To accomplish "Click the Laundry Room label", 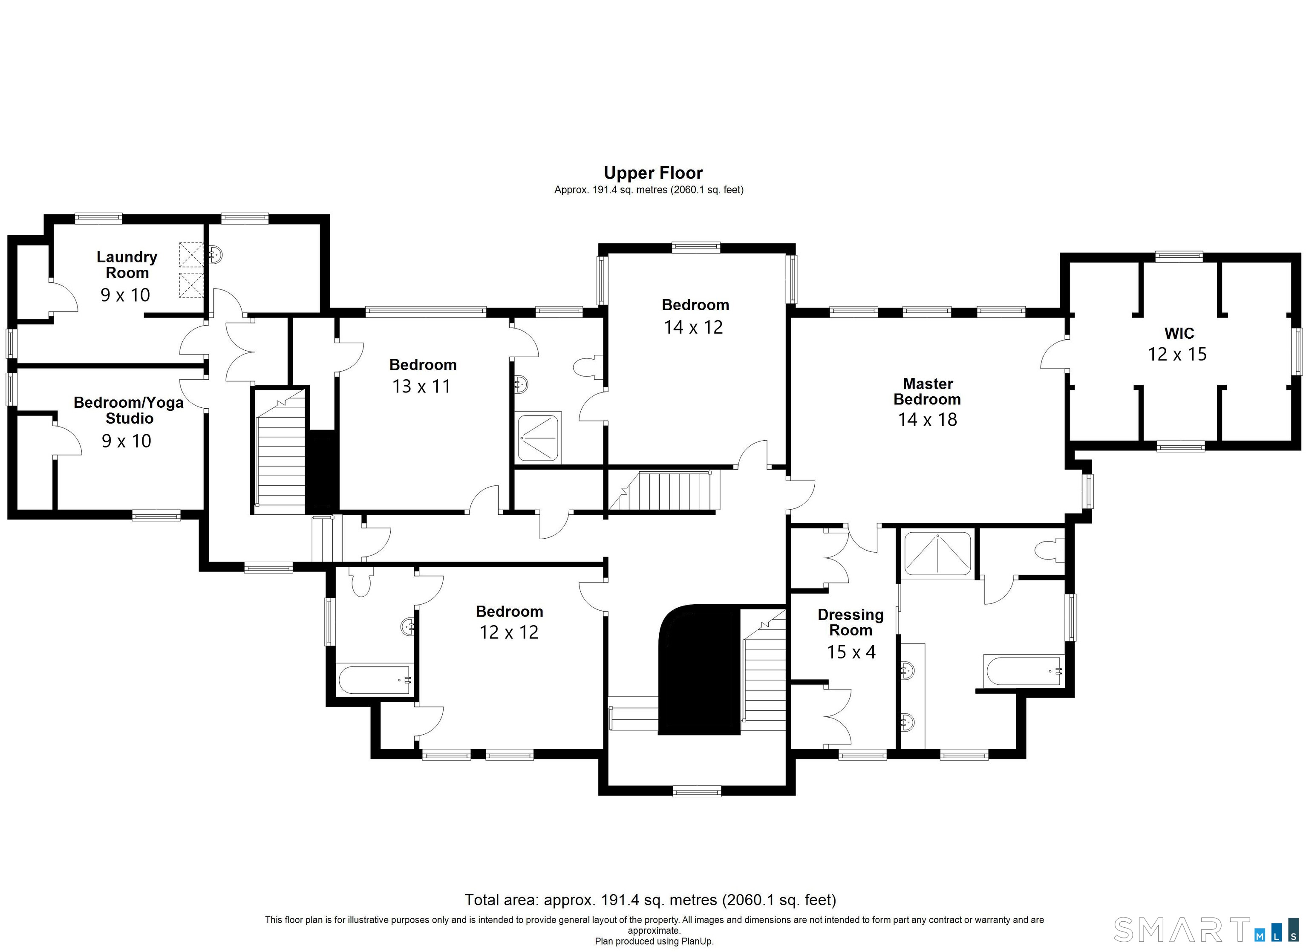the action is (x=127, y=264).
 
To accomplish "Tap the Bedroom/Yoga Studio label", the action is (x=129, y=410).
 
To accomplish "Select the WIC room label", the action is (x=1179, y=333).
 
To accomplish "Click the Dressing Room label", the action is (x=851, y=622).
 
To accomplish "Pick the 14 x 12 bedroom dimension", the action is (x=693, y=327).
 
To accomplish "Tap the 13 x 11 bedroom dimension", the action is (x=421, y=386).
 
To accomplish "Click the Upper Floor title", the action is (x=653, y=173).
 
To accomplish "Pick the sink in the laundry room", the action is (x=215, y=254).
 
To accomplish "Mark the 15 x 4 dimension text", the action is (x=851, y=652).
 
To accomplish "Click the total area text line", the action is (x=651, y=900).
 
